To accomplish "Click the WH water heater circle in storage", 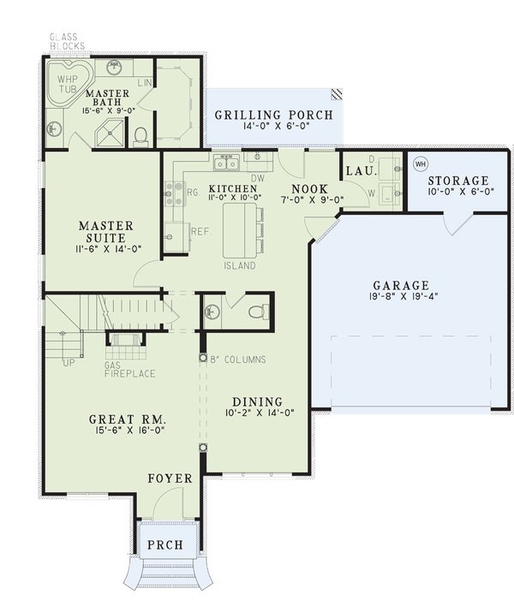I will click(x=420, y=163).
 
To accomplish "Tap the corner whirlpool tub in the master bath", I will click(x=67, y=82).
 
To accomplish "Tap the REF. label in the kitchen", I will click(x=201, y=231).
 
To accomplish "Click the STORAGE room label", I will click(x=458, y=181).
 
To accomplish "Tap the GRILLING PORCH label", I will click(x=273, y=114).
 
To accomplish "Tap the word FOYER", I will click(x=170, y=478).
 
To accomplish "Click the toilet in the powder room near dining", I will click(x=255, y=312).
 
